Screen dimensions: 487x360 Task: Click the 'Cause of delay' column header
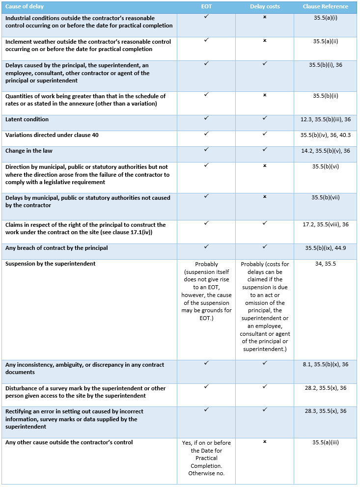(x=24, y=7)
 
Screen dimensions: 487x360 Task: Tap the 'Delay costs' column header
(x=264, y=7)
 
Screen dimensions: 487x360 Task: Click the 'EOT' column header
(x=206, y=7)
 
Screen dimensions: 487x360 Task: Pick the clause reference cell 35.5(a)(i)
(x=325, y=18)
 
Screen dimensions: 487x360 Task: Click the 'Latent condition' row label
(x=27, y=119)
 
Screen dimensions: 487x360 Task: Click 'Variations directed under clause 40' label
(x=52, y=135)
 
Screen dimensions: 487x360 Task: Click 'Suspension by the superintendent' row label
(x=50, y=264)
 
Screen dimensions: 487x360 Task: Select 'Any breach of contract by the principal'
(x=56, y=248)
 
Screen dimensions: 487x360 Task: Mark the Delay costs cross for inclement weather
(x=265, y=41)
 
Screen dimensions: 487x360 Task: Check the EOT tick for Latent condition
(x=206, y=118)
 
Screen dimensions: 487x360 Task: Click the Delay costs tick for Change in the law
(x=265, y=150)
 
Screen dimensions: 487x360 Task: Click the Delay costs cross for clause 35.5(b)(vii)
(x=265, y=197)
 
